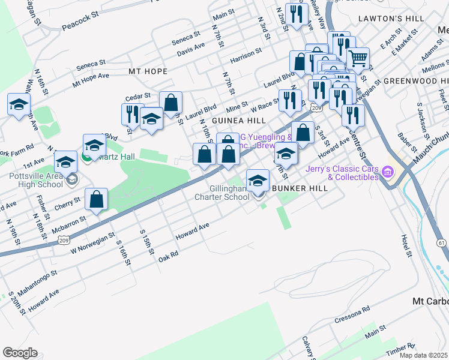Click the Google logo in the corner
[x=20, y=353]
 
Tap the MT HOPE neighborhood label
[x=148, y=71]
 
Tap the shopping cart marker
[x=358, y=58]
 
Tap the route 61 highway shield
[x=441, y=242]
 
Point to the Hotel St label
[x=408, y=244]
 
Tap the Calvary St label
[x=308, y=349]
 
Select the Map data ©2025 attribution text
[x=424, y=355]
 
